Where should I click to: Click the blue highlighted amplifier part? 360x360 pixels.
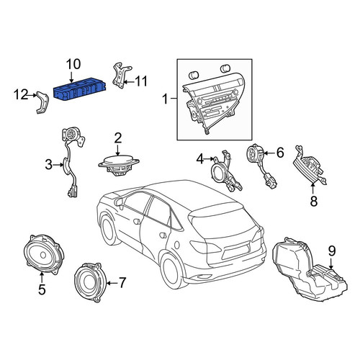tap(80, 89)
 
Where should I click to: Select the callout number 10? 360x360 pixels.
tap(73, 64)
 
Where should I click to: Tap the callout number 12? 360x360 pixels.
tap(21, 94)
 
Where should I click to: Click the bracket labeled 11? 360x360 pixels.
tap(122, 76)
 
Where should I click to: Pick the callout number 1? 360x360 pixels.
tap(166, 99)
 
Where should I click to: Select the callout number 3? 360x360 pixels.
tap(49, 165)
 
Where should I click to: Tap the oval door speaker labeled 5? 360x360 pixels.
tap(44, 254)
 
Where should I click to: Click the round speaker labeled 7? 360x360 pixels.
tap(87, 282)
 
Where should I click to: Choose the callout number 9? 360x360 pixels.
tap(332, 251)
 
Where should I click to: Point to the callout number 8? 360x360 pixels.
tap(314, 201)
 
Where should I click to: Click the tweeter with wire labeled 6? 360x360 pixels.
tap(261, 166)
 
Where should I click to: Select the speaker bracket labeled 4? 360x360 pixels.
tap(225, 172)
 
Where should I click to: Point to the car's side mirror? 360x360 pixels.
tap(119, 202)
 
